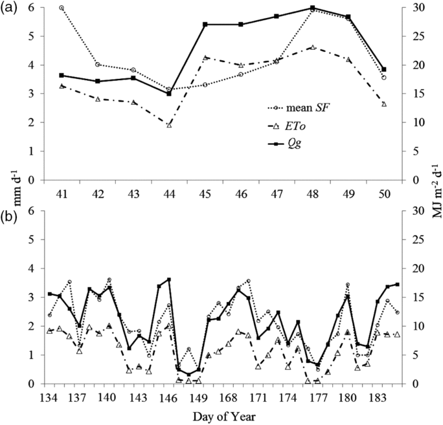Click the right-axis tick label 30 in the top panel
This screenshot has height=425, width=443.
418,8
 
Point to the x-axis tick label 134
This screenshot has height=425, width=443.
48,397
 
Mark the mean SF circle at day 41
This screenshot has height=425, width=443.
62,8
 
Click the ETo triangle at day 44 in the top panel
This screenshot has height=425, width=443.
169,124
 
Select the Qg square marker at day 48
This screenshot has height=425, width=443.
312,8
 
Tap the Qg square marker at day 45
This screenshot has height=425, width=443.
205,24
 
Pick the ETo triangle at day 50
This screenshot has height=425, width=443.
383,104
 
